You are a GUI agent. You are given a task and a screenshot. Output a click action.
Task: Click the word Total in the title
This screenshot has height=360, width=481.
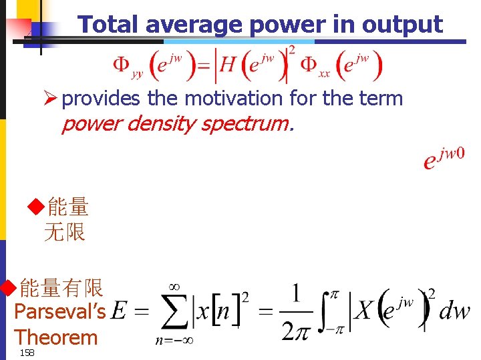[109, 25]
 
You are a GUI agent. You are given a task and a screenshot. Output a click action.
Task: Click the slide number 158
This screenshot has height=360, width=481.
[27, 353]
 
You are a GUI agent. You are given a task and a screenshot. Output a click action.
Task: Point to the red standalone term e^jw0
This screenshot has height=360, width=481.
[444, 159]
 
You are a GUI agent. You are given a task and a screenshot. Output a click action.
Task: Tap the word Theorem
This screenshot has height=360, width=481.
[55, 337]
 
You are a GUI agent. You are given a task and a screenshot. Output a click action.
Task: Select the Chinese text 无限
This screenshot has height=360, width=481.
[65, 233]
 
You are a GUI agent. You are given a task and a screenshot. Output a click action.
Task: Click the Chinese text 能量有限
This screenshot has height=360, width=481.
[61, 288]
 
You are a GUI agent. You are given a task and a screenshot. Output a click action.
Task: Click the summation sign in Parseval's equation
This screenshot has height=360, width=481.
[174, 313]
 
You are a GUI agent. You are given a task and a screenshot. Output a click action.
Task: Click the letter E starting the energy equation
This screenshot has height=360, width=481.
[120, 311]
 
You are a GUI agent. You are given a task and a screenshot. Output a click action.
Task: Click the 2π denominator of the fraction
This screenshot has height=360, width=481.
[295, 331]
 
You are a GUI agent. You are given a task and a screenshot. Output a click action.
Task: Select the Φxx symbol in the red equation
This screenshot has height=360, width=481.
[315, 66]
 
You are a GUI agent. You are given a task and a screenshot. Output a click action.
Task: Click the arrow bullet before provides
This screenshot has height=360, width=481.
[50, 99]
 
